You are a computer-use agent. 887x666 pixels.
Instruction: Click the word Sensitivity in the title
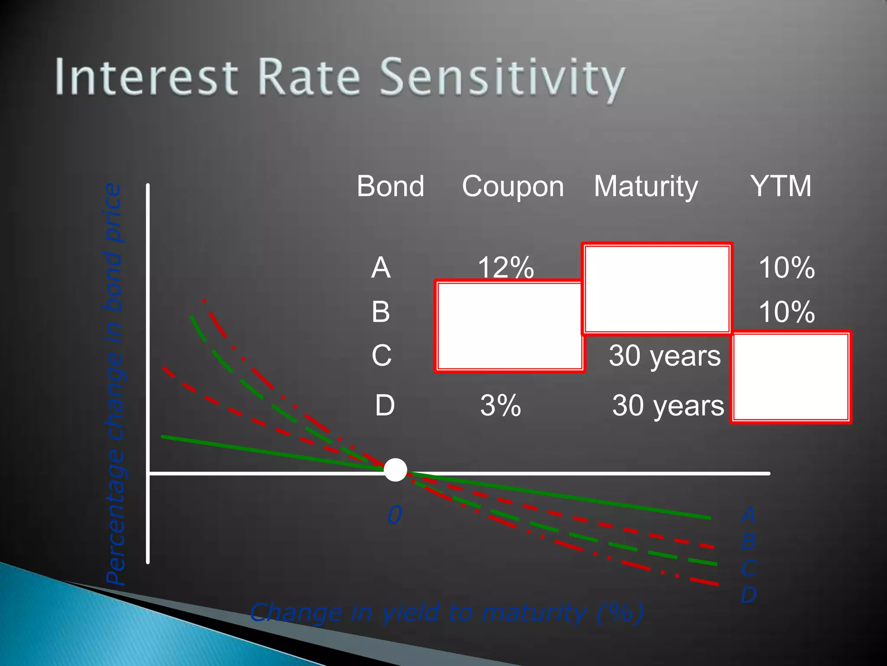pyautogui.click(x=502, y=78)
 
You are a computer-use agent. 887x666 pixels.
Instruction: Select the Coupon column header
pyautogui.click(x=513, y=186)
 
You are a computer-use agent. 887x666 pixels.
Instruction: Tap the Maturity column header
pyautogui.click(x=646, y=186)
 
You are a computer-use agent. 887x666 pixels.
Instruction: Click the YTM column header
pyautogui.click(x=781, y=186)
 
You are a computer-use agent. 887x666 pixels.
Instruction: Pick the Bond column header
pyautogui.click(x=390, y=186)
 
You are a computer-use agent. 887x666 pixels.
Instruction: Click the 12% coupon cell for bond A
pyautogui.click(x=505, y=267)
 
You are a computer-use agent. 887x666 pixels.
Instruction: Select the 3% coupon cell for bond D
pyautogui.click(x=500, y=406)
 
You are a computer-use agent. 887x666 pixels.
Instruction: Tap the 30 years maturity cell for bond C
pyautogui.click(x=664, y=356)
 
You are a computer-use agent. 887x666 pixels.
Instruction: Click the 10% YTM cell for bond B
pyautogui.click(x=787, y=312)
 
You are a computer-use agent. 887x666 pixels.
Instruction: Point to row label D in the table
pyautogui.click(x=385, y=406)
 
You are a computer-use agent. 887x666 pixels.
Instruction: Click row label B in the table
pyautogui.click(x=381, y=312)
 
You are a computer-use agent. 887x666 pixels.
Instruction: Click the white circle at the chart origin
pyautogui.click(x=395, y=470)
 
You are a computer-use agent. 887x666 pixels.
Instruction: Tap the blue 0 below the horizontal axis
pyautogui.click(x=395, y=515)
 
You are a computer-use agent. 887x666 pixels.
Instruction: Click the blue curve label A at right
pyautogui.click(x=748, y=515)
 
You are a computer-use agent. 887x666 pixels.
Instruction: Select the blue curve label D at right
pyautogui.click(x=748, y=594)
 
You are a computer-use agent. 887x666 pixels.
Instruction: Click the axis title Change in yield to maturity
pyautogui.click(x=446, y=613)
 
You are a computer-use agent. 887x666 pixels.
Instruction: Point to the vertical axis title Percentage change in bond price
pyautogui.click(x=114, y=384)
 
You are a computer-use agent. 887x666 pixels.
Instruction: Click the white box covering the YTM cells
pyautogui.click(x=790, y=377)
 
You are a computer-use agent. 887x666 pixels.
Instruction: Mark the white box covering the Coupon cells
pyautogui.click(x=509, y=326)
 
